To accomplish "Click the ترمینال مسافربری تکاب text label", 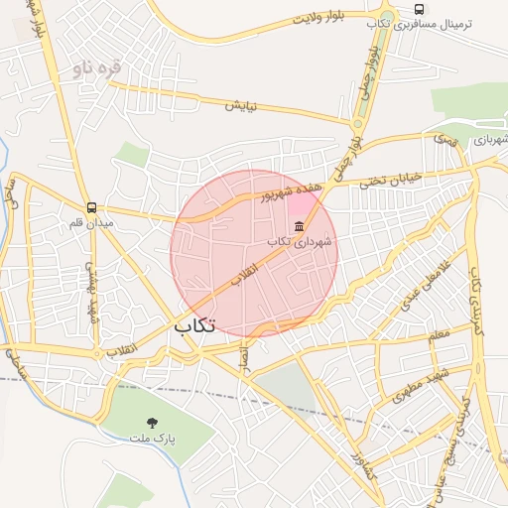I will (419, 24).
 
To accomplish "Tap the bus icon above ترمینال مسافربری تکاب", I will (419, 9).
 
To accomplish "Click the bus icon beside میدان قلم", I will (91, 208).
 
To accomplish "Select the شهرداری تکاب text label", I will (301, 241).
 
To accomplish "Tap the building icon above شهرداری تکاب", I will (300, 227).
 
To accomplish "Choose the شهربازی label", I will (489, 140).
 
